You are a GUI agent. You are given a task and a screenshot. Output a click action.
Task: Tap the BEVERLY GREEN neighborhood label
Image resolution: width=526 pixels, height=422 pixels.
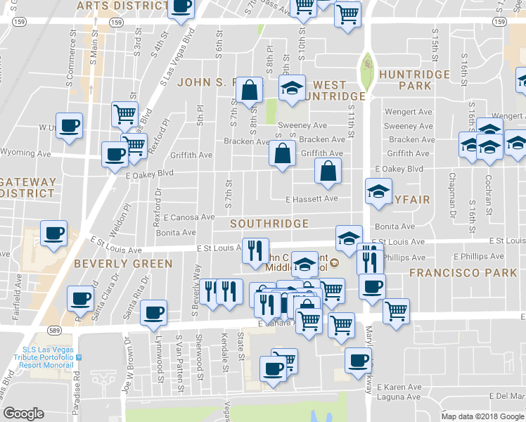click(x=124, y=264)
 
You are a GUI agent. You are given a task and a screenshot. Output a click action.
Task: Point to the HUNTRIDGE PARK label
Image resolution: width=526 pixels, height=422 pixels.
click(x=414, y=79)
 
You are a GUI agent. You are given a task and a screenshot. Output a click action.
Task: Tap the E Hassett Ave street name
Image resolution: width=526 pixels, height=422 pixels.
click(x=312, y=199)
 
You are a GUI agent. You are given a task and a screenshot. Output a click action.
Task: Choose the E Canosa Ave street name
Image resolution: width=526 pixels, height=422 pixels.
click(x=188, y=217)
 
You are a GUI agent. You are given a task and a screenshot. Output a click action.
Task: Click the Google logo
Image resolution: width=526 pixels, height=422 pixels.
click(x=23, y=414)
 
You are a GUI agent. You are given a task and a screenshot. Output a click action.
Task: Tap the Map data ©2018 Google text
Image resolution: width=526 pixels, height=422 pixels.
click(x=482, y=416)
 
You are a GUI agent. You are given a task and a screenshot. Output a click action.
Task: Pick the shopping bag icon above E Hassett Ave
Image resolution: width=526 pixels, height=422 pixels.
click(x=328, y=170)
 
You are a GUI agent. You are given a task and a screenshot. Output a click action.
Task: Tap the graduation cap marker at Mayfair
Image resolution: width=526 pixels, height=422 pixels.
click(x=378, y=191)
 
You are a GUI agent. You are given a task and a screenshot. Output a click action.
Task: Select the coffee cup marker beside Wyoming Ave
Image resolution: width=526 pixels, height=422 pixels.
click(x=114, y=153)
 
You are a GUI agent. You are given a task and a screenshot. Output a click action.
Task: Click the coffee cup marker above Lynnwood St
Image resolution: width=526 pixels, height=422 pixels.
click(x=153, y=312)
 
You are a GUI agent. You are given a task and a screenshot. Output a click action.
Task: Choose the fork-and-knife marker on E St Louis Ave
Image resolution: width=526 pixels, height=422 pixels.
click(x=255, y=249)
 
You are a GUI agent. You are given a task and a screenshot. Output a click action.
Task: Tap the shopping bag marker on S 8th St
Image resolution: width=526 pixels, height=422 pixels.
click(x=249, y=89)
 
